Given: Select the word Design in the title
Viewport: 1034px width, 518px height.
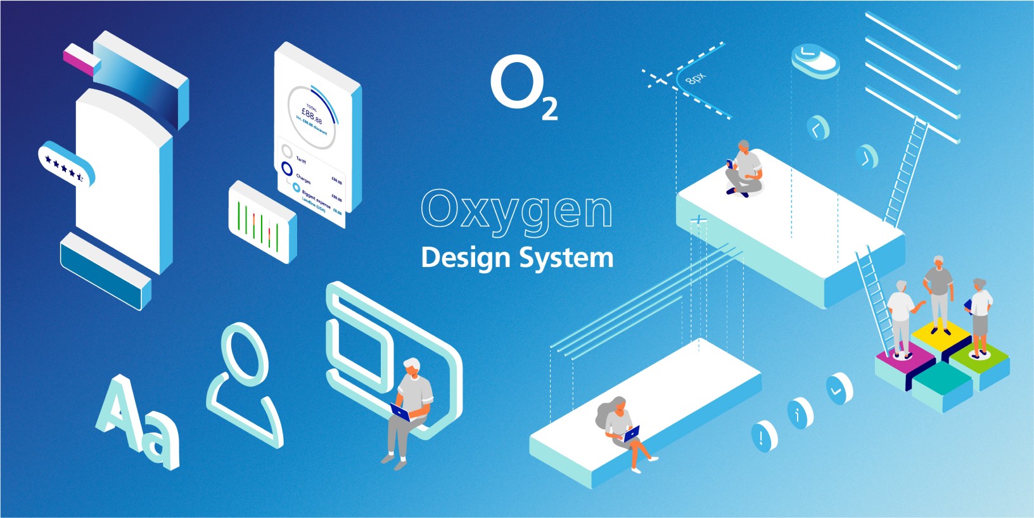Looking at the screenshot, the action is (465, 258).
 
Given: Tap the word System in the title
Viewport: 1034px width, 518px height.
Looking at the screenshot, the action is (566, 258).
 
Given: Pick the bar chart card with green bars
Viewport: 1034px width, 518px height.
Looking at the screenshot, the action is (262, 222).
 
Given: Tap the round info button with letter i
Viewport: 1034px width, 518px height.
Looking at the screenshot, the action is (800, 413).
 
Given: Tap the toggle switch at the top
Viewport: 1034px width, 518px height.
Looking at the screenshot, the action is (815, 60).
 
